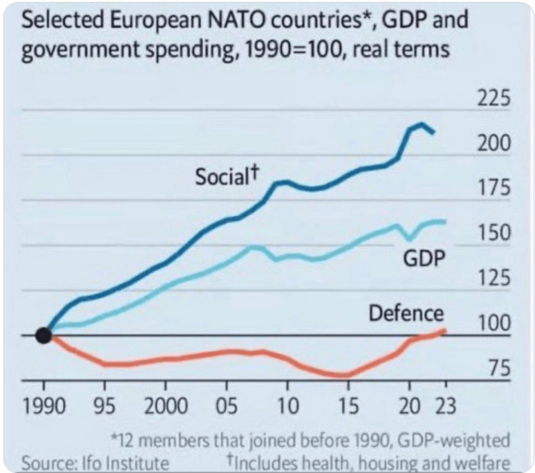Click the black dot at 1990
click(x=44, y=336)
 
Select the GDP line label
click(x=421, y=258)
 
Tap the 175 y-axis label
click(x=494, y=188)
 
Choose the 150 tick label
click(x=494, y=233)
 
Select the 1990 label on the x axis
click(x=44, y=406)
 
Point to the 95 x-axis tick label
click(x=105, y=406)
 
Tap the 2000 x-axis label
click(x=166, y=406)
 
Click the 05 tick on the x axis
click(x=226, y=406)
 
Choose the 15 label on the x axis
click(x=348, y=406)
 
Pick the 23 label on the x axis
click(x=446, y=406)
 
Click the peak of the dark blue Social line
click(x=421, y=124)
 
